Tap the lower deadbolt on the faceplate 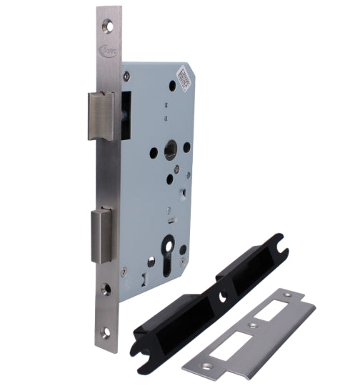[102, 234]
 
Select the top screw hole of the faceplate [108, 25]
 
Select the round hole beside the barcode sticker [171, 85]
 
